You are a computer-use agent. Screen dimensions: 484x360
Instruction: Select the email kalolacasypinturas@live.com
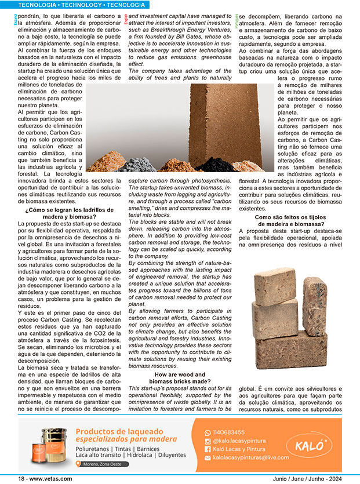[x=250, y=457]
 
